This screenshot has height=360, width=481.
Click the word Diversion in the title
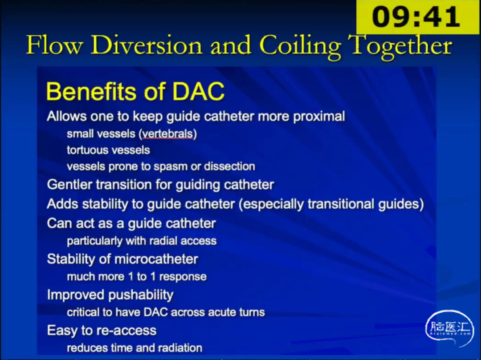pos(147,45)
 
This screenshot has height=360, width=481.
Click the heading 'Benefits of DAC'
pos(135,91)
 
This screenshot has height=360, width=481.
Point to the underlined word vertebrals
pos(167,134)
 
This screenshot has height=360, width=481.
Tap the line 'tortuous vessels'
pos(108,150)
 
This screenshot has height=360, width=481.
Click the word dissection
pos(229,166)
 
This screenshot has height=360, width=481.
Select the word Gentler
pos(69,185)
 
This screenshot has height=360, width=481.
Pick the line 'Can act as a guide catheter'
pos(131,224)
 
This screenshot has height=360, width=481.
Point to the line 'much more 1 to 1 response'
pos(137,277)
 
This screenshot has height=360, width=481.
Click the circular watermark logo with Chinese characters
pos(449,328)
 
